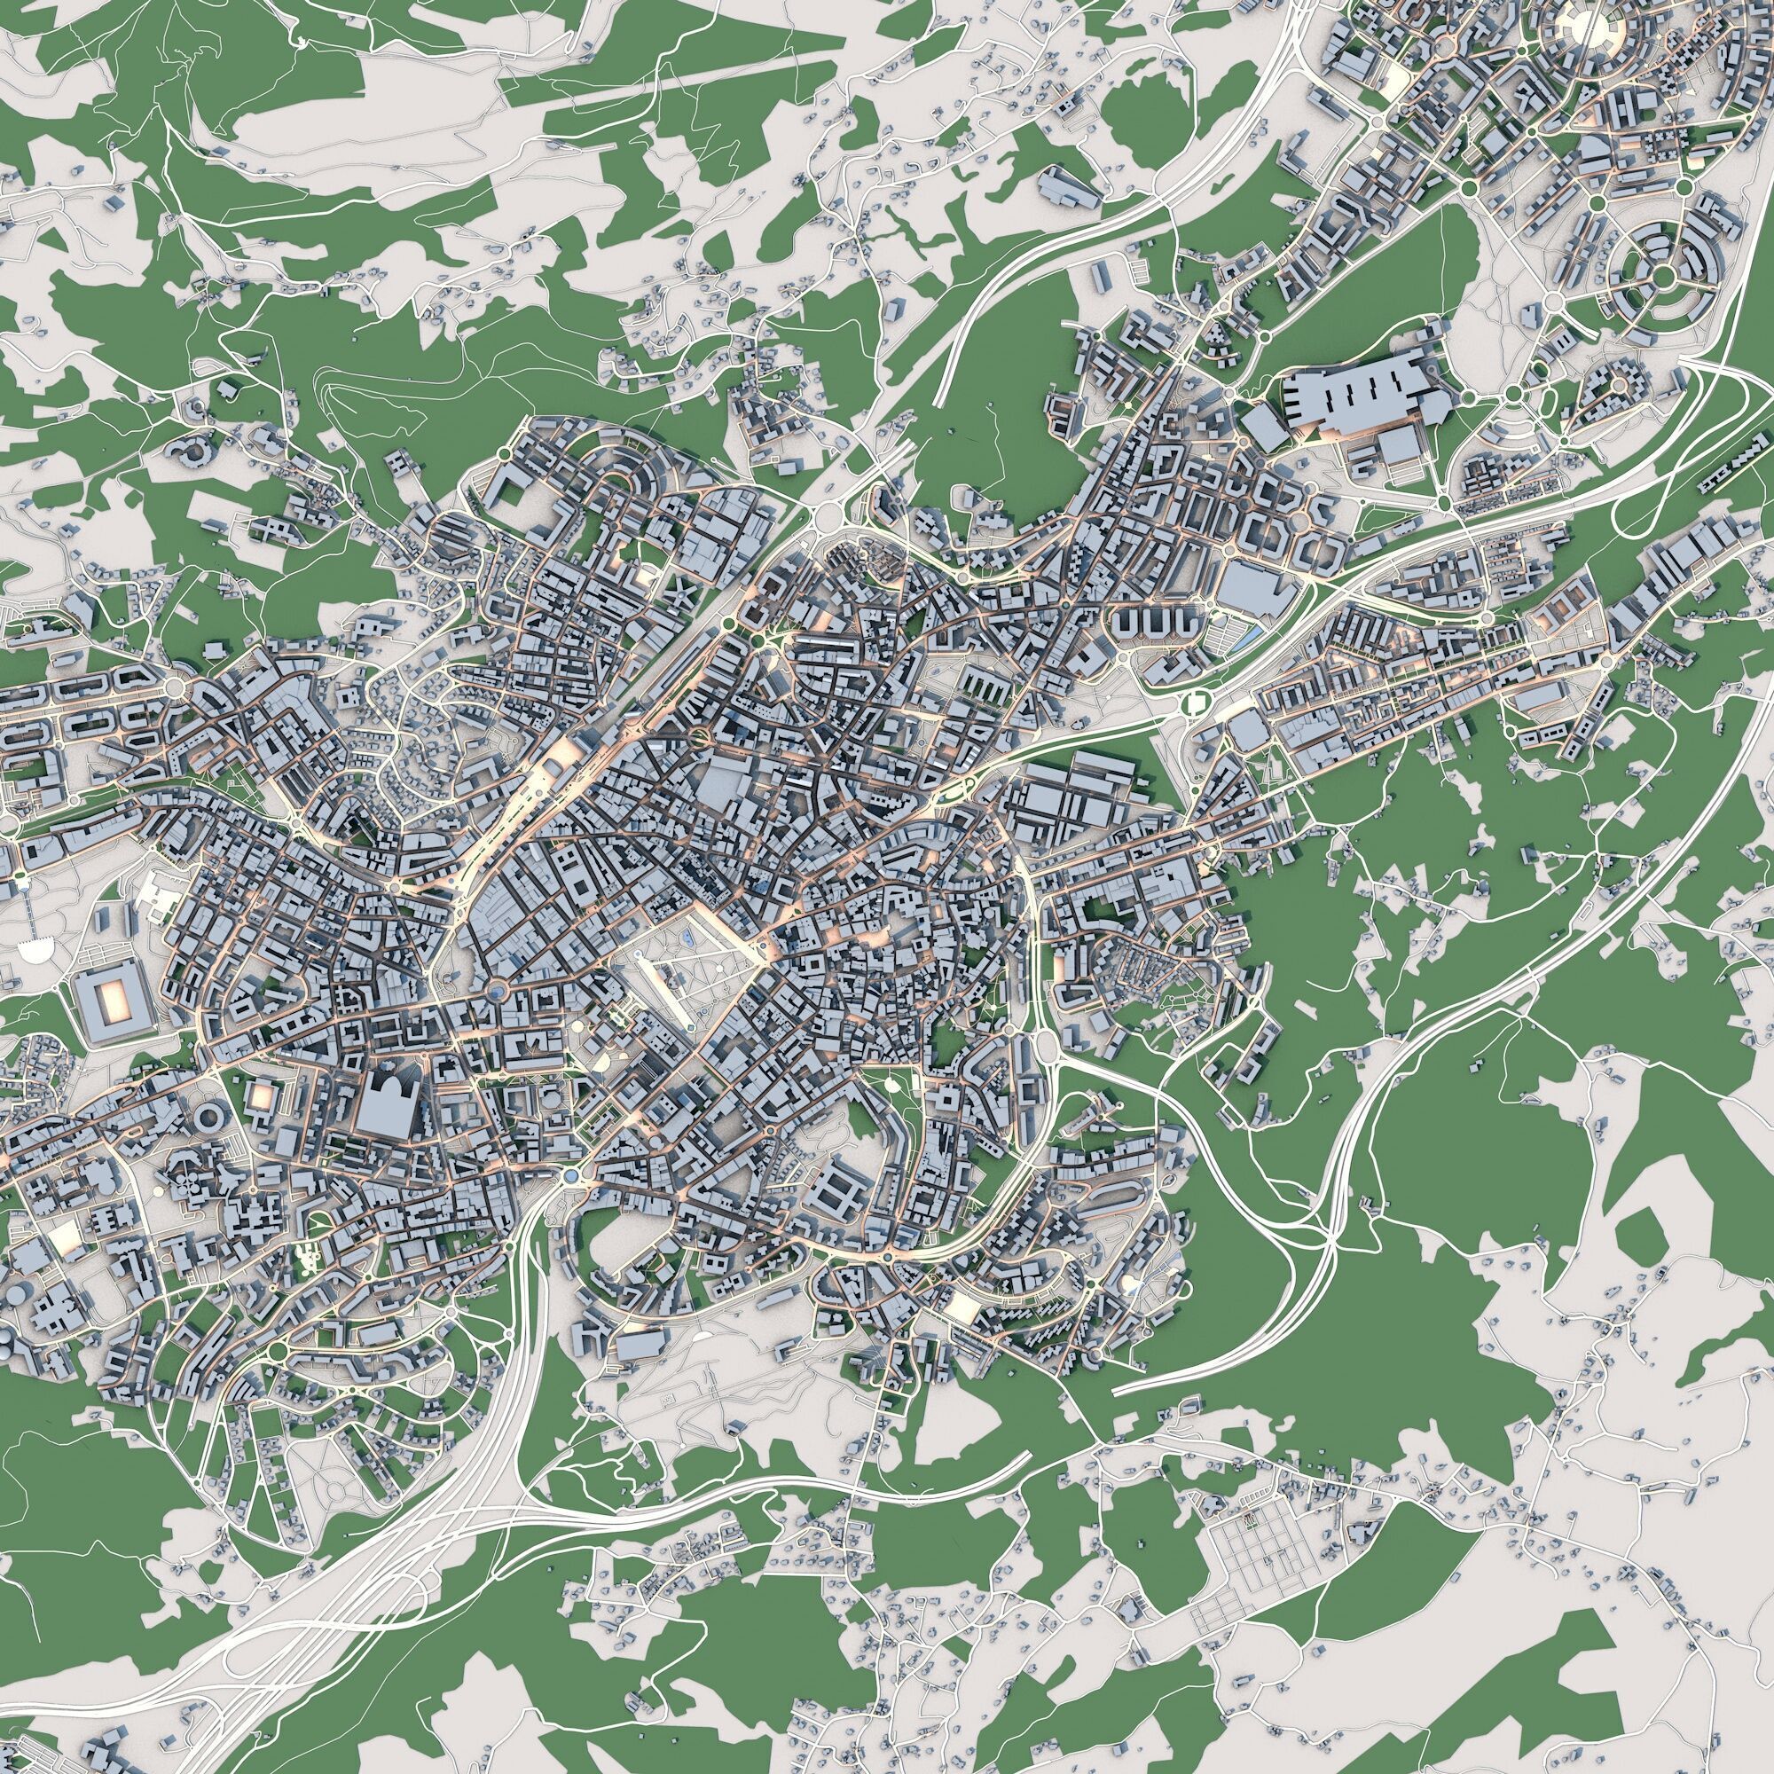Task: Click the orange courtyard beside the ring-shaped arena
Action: (261, 1095)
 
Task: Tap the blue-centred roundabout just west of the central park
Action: (497, 990)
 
